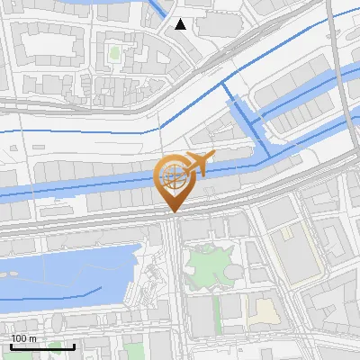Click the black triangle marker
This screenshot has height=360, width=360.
181,24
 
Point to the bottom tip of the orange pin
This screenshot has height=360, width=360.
172,211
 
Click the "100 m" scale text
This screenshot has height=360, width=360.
23,338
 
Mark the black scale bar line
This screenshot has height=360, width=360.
42,346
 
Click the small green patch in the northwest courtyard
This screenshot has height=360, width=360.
114,53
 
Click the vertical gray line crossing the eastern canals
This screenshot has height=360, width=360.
343,90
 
